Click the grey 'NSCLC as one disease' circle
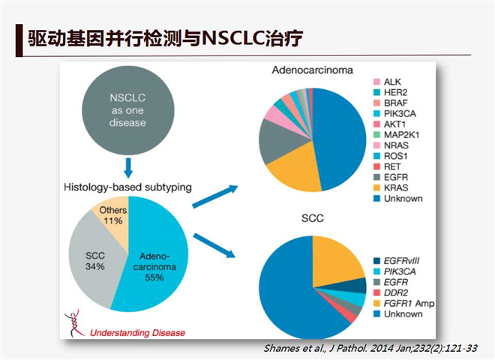tap(128, 110)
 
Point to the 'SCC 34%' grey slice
tap(94, 260)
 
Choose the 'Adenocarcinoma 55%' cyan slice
tap(154, 267)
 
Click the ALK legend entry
tap(387, 82)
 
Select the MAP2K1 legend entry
tap(397, 135)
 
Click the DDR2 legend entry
tap(391, 293)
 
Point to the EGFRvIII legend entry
tap(397, 261)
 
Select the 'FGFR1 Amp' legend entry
tap(403, 304)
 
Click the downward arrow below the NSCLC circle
tap(128, 168)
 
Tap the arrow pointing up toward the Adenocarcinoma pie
tap(215, 196)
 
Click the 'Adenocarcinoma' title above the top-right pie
tap(313, 70)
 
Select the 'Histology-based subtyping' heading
tap(127, 187)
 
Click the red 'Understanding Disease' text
tap(138, 333)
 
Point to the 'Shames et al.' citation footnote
tap(370, 348)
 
